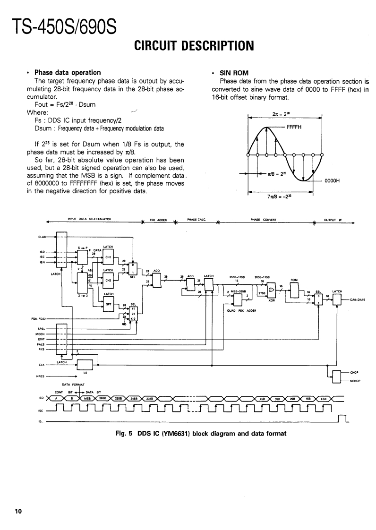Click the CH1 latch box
tap(108, 257)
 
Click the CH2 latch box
tap(108, 280)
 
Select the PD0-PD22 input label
tap(38, 319)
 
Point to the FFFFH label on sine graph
tap(295, 127)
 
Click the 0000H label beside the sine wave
tap(333, 180)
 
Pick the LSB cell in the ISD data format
tap(324, 398)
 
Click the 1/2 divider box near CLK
tap(85, 365)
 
